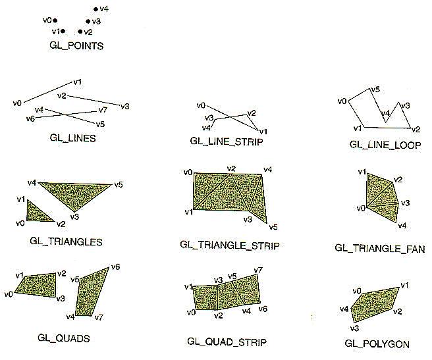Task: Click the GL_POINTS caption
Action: (76, 45)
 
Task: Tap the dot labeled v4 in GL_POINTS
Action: (95, 9)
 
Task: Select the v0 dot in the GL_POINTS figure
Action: (55, 20)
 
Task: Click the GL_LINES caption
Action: (72, 138)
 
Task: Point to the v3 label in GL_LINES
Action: (125, 107)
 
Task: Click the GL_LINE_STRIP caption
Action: (227, 141)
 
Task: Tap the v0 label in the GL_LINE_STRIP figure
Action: (201, 105)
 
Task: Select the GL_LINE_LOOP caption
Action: (385, 145)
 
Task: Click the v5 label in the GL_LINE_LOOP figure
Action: (375, 90)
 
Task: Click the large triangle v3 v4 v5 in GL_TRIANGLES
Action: (75, 194)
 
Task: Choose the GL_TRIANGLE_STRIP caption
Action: (229, 245)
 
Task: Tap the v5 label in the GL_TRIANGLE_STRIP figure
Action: (273, 227)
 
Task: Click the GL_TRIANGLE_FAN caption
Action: (380, 249)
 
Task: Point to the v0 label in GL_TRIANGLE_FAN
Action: (361, 208)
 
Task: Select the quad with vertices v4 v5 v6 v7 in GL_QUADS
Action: (92, 293)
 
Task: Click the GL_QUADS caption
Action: (64, 338)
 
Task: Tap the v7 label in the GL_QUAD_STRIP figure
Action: (258, 270)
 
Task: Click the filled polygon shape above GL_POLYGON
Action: (375, 304)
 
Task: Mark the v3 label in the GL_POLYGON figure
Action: (354, 328)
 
